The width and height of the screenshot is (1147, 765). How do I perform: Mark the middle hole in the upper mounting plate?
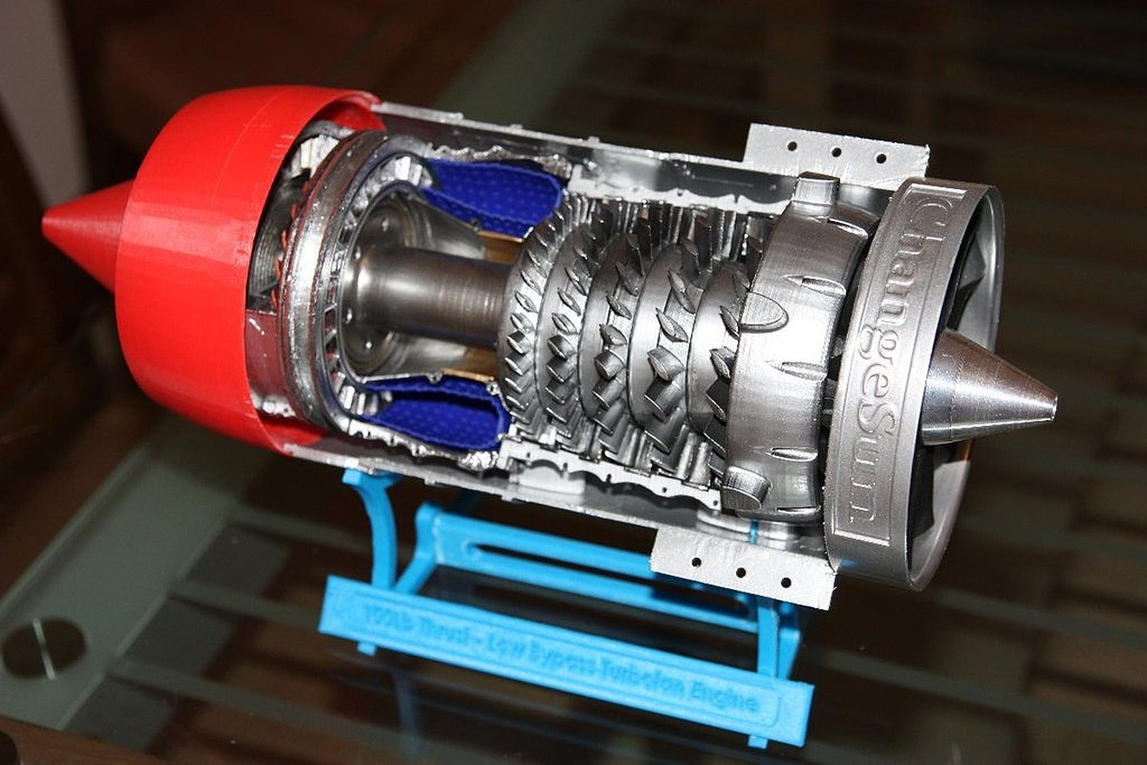[x=835, y=152]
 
